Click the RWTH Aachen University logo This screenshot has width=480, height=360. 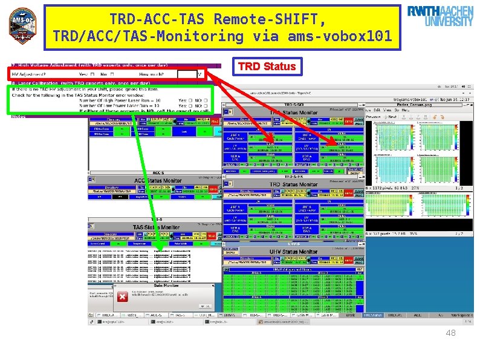[440, 17]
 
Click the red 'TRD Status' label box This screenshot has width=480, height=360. [267, 66]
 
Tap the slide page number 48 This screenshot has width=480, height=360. [450, 333]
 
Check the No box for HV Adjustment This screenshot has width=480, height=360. [111, 74]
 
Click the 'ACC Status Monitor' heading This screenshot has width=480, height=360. [158, 180]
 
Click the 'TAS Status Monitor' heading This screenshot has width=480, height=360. [156, 227]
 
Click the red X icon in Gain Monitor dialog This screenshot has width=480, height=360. [123, 296]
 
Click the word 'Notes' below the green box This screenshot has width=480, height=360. [18, 117]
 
